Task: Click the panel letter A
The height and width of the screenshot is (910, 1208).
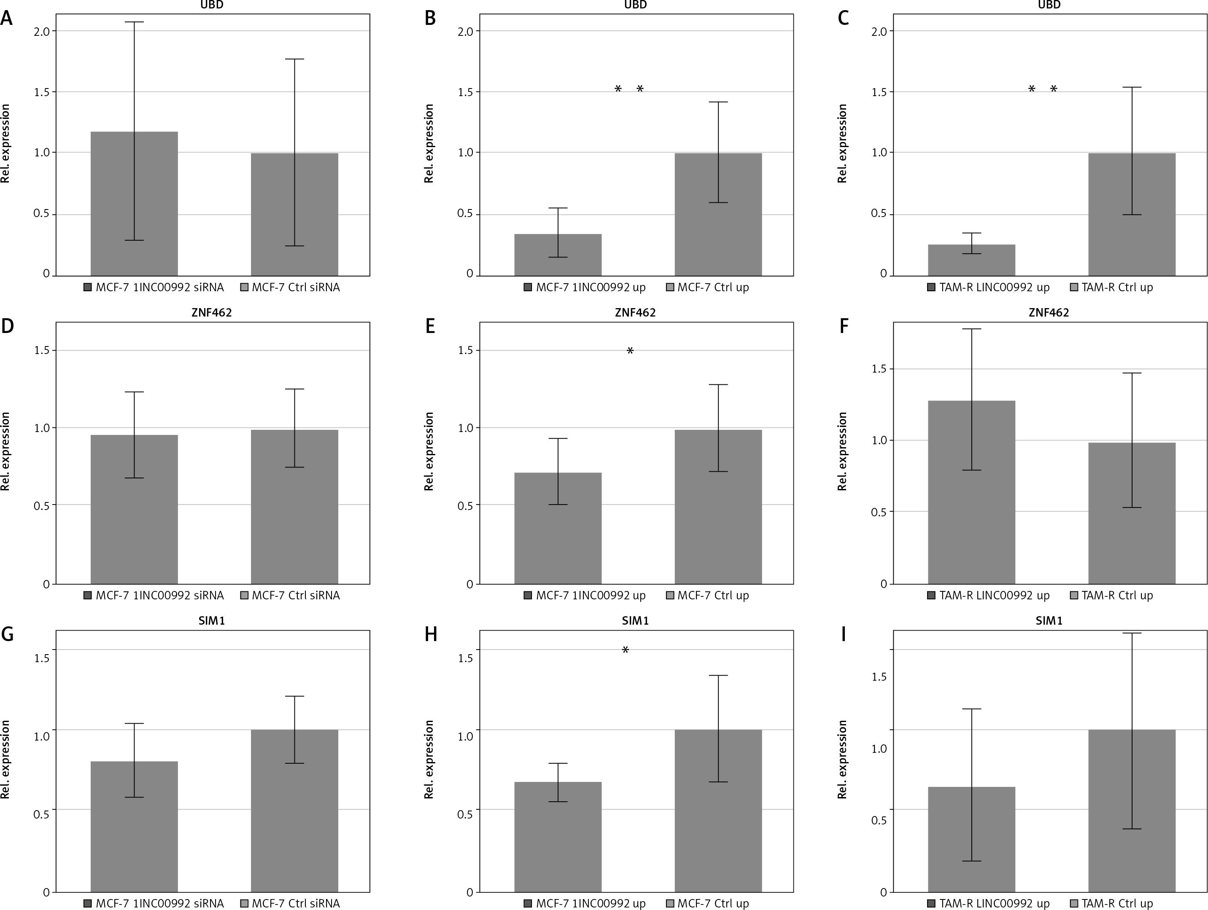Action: [x=7, y=18]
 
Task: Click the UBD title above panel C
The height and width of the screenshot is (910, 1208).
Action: [x=1049, y=5]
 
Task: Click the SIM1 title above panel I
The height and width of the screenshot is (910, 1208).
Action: [x=1049, y=621]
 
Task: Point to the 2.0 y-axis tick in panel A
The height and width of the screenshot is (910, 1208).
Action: [x=41, y=31]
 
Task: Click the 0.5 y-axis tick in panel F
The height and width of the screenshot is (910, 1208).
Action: [x=879, y=512]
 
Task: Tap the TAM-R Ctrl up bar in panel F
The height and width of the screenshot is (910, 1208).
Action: [x=1132, y=513]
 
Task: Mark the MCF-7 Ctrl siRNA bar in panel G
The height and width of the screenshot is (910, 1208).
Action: [x=294, y=811]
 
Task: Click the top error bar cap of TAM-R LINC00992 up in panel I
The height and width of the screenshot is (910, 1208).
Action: [x=971, y=709]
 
